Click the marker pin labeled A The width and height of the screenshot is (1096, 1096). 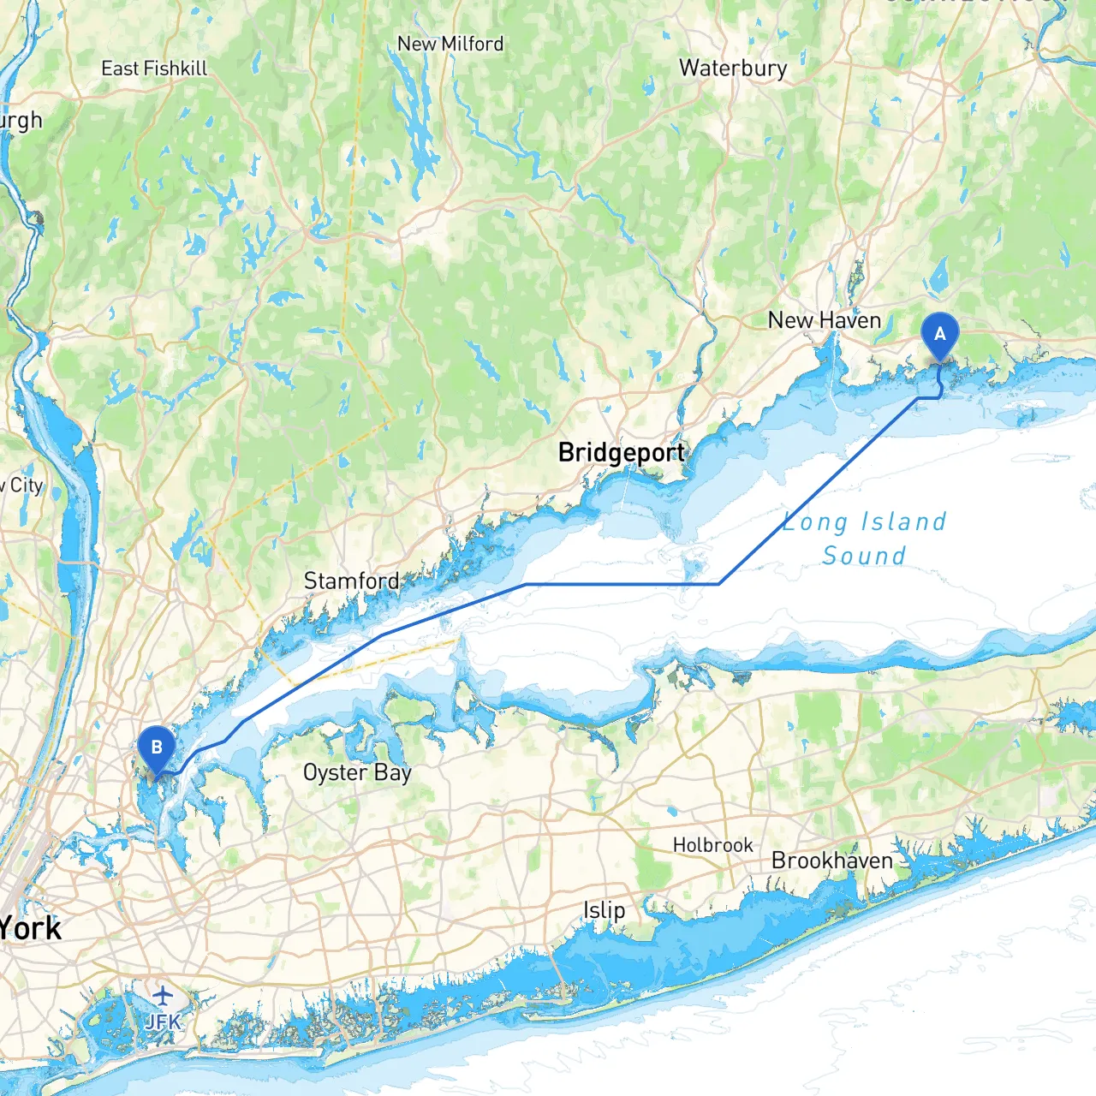pos(939,335)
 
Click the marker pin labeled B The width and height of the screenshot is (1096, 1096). pos(157,748)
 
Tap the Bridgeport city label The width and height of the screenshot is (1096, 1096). pos(621,452)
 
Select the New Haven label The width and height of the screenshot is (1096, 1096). pos(824,320)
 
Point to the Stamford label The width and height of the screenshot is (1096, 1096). pos(351,581)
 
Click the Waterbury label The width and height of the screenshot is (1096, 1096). pos(733,68)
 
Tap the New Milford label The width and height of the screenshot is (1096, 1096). pos(450,44)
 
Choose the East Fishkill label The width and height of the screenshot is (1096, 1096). pos(154,68)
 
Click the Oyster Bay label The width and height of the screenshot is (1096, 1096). pos(357,772)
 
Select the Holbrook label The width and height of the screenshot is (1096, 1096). pos(712,845)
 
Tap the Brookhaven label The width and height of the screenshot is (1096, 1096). pos(831,861)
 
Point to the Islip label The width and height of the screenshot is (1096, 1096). pos(604,910)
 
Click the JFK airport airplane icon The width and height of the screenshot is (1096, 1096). pos(163,996)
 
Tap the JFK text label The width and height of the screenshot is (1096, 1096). pos(163,1021)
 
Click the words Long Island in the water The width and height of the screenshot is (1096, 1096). pos(865,521)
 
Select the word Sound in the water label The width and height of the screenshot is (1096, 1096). pos(863,556)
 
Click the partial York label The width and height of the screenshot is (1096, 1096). pos(31,928)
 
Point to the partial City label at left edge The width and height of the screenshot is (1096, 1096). pos(22,485)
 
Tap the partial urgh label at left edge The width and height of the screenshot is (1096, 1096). pos(21,121)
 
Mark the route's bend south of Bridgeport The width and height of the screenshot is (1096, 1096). pos(719,584)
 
